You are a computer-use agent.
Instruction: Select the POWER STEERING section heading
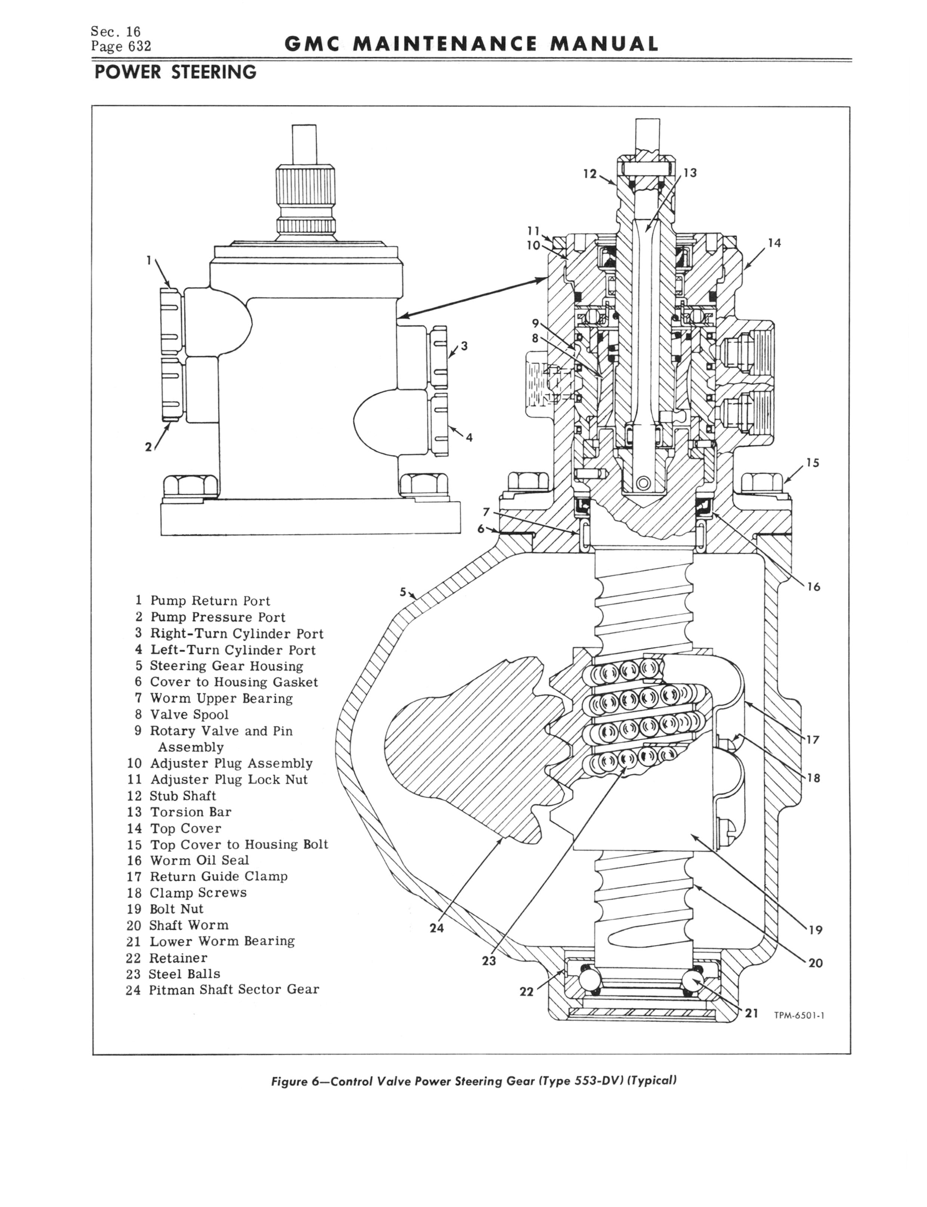pos(175,72)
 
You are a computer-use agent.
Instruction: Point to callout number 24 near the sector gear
pos(437,928)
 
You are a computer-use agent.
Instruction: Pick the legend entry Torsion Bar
pos(190,812)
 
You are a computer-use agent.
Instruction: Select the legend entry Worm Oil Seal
pos(199,860)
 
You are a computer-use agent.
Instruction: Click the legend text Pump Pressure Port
pos(218,617)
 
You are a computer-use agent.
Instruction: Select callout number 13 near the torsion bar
pos(690,173)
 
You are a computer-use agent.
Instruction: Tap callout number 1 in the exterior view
pos(148,260)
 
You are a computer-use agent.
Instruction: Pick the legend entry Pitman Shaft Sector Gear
pos(234,990)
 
